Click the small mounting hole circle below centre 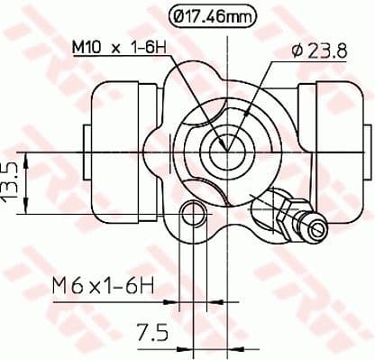[x=192, y=213]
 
